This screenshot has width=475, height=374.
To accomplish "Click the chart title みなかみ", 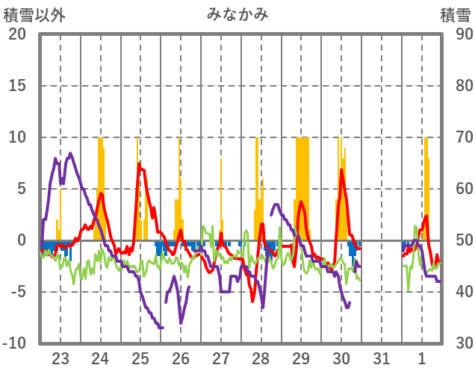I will tap(237, 14).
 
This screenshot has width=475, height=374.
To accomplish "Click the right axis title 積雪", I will tap(455, 14).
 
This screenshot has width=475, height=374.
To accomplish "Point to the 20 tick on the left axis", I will tap(16, 34).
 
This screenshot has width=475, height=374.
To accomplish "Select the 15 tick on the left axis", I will tap(16, 86).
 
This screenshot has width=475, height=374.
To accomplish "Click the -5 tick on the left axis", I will tap(16, 292).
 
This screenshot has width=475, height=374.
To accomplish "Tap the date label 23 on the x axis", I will tap(60, 356).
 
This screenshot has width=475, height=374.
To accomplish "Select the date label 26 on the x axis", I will tap(181, 356).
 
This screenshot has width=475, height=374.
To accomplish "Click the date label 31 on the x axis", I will tap(382, 356).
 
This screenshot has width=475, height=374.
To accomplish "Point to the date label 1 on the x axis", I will tap(423, 356).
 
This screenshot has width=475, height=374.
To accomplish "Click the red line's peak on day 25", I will tap(140, 164).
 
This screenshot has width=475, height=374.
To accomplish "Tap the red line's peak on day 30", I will tap(341, 171).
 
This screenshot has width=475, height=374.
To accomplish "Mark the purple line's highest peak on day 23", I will tap(70, 154).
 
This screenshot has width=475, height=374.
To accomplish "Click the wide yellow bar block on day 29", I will tap(302, 187).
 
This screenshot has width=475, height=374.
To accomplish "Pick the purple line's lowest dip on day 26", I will tap(181, 322).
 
